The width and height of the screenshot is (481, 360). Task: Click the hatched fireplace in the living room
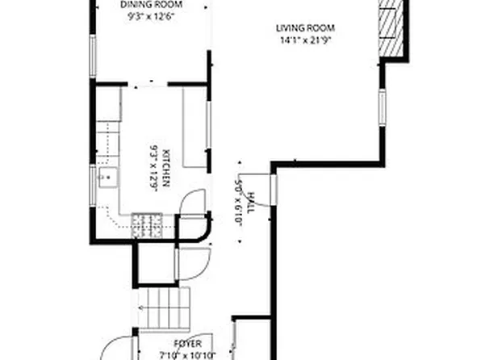click(390, 28)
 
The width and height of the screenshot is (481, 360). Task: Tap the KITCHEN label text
click(165, 167)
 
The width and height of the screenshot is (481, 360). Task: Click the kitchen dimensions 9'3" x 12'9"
click(153, 167)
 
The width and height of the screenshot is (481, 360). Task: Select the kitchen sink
click(106, 178)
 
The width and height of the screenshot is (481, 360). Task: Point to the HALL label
click(251, 202)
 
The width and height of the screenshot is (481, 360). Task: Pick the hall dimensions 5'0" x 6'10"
click(239, 202)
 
